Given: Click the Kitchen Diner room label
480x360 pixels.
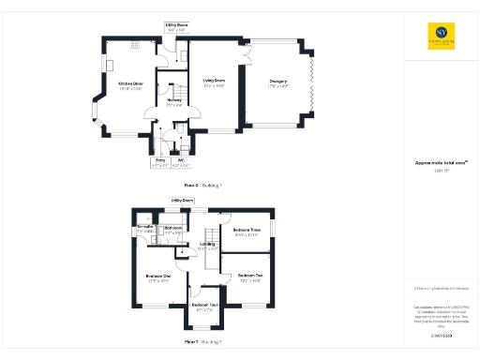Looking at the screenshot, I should point(130,83).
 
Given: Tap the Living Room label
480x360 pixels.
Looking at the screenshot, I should point(214,82).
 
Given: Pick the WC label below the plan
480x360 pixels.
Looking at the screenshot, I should point(181,160).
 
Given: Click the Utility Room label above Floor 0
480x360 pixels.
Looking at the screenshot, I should point(176,27).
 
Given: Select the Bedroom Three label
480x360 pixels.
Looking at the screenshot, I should point(246,233).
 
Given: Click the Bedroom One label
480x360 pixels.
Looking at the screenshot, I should point(157,277).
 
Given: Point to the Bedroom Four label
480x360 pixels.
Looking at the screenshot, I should point(204,306).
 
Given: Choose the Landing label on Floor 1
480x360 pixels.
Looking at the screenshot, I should point(208,247).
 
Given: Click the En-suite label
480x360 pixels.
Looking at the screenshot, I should point(145,228).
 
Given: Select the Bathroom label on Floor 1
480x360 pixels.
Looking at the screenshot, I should point(172,228).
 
